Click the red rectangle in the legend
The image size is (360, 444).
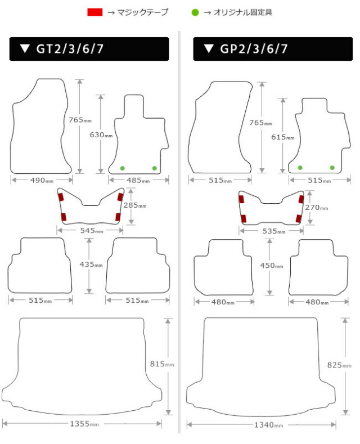95,12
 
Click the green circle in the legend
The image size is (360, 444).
195,12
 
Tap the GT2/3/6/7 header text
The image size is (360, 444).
70,49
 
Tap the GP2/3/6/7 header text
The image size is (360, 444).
254,49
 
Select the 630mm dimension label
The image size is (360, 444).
101,135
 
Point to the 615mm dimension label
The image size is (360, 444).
283,137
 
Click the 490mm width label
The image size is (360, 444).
42,180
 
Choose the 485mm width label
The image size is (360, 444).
138,180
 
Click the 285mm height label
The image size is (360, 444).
135,205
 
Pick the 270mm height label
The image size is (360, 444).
317,207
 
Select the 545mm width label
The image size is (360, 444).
92,231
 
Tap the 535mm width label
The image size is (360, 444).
274,231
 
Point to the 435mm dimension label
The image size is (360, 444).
91,264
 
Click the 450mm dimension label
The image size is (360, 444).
272,265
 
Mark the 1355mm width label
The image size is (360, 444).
84,424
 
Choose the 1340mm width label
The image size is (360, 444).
268,425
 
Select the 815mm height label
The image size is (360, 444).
162,364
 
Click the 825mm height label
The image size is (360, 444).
339,365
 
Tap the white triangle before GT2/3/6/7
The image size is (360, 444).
25,48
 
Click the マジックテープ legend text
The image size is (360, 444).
143,12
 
